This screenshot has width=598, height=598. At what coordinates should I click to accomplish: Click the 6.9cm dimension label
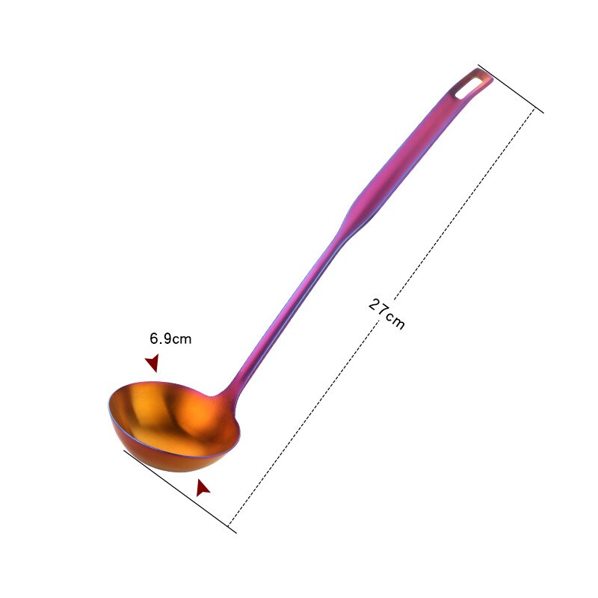click(x=170, y=339)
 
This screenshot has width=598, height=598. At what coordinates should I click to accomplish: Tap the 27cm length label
click(x=386, y=313)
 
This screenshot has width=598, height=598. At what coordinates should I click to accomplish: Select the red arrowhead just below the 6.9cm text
click(x=152, y=363)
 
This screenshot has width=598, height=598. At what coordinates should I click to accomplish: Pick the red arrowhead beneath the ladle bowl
click(x=202, y=488)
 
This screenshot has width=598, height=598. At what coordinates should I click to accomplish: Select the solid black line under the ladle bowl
click(x=179, y=490)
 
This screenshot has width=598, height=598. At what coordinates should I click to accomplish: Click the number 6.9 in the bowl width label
click(x=161, y=339)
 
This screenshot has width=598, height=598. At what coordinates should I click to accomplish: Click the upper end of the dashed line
click(x=534, y=111)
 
